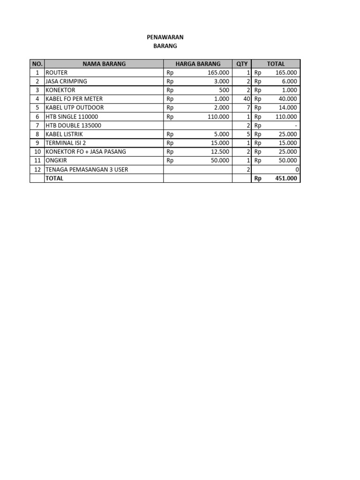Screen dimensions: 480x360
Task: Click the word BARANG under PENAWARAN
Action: pos(165,46)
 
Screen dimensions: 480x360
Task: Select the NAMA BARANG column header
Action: pos(104,64)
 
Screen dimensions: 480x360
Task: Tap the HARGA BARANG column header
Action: pos(198,64)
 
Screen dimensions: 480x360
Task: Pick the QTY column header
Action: pos(242,64)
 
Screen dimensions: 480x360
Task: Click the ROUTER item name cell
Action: pos(57,73)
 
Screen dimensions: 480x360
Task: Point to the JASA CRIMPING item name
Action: pos(66,81)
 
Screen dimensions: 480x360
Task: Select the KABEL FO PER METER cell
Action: pos(74,99)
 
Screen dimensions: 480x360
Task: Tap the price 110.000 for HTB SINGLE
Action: pos(218,117)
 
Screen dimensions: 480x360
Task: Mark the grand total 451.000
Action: pos(286,178)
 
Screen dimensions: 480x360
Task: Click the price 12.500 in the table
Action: pos(220,151)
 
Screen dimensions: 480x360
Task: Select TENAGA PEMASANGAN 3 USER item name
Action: pos(87,169)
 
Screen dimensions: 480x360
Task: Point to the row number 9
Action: pos(37,143)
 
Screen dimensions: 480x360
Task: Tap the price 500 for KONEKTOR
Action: pos(224,90)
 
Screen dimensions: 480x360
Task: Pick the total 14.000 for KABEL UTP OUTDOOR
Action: pos(287,108)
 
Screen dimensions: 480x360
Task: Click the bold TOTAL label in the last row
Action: pos(54,178)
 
